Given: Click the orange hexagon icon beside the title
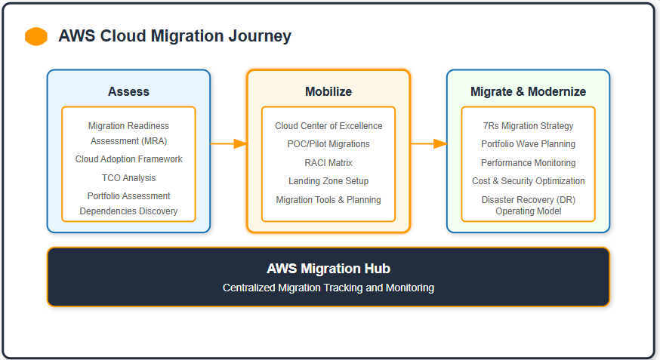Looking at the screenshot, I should (36, 36).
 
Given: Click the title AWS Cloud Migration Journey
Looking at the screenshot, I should (174, 36).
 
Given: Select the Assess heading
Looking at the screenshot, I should (128, 91).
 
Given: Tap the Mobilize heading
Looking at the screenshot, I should (328, 91).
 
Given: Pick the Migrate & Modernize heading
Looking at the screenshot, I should (528, 91).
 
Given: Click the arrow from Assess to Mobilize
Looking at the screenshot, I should (229, 143).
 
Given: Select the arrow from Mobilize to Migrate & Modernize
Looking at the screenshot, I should (428, 143).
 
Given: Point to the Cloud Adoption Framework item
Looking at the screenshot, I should (128, 159).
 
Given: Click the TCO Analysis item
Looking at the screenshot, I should (128, 178).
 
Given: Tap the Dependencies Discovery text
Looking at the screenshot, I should (128, 211).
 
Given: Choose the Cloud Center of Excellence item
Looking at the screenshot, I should (328, 126).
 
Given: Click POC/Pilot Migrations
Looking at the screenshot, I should (328, 144).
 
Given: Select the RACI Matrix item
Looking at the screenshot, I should (328, 163).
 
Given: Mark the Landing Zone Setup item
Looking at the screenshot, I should (328, 181).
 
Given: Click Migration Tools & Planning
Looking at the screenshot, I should (328, 200).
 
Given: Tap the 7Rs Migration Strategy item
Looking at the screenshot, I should (528, 126).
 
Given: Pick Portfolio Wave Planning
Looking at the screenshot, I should (528, 144).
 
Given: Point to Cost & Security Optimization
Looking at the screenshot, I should (528, 181).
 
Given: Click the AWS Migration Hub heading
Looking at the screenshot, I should (328, 269).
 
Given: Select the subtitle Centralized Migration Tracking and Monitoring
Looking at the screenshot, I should (328, 288).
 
